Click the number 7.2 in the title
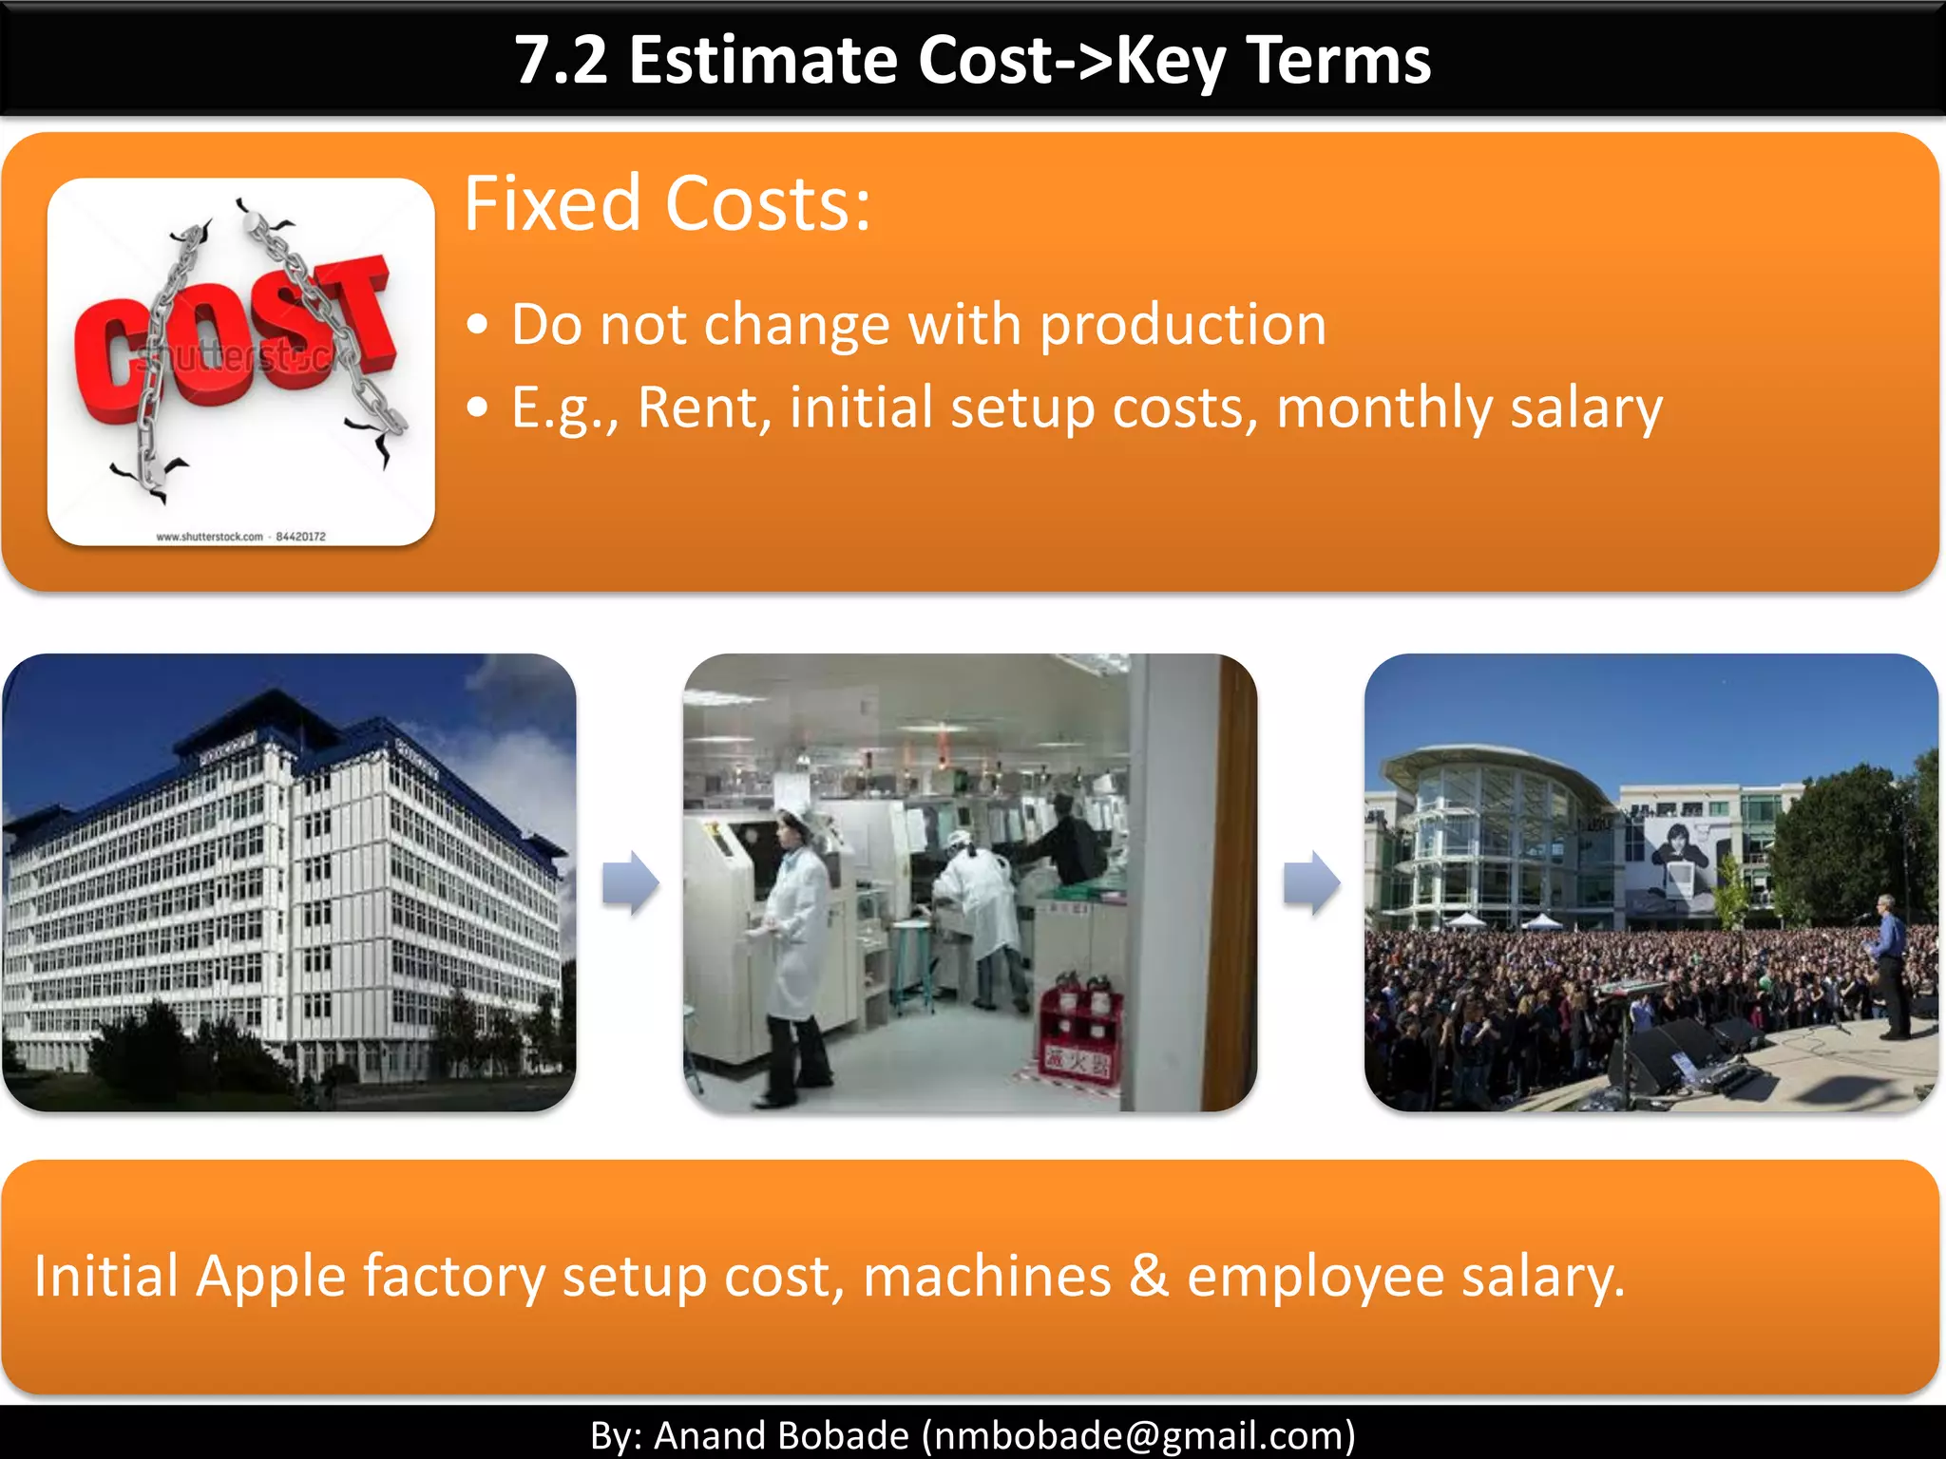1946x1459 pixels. [x=561, y=61]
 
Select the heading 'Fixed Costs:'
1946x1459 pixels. [x=667, y=204]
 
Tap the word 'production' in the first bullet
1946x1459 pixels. [x=1183, y=326]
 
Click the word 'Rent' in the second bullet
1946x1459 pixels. [x=698, y=408]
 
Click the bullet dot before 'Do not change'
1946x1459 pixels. [x=478, y=326]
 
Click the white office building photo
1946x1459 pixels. [x=285, y=883]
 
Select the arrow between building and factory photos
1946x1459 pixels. [x=630, y=883]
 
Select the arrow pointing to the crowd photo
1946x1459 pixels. [x=1311, y=883]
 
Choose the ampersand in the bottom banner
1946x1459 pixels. [x=1148, y=1276]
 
